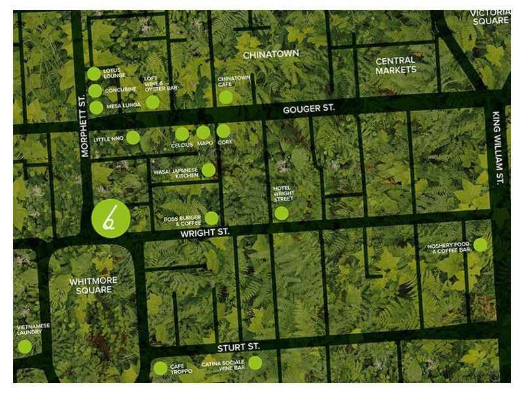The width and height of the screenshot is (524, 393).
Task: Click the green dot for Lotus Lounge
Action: coord(94,74)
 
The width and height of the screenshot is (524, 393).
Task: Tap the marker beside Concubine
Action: coord(96,90)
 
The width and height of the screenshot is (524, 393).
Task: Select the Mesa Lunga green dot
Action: coord(96,107)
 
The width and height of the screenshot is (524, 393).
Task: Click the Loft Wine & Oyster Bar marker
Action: coord(153,102)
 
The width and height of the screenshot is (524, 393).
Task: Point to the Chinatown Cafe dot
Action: coord(226,97)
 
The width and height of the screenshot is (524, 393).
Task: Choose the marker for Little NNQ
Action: coord(133,138)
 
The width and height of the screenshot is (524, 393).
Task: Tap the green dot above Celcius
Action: coord(182,134)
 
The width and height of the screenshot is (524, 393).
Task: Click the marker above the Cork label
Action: coord(223,131)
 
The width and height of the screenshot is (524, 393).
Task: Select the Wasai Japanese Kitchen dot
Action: coord(208,170)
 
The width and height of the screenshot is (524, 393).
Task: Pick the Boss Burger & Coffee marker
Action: coord(212,218)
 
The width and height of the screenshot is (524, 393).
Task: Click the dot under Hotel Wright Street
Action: coord(282,213)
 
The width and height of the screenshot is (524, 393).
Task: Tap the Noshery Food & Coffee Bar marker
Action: coord(480,245)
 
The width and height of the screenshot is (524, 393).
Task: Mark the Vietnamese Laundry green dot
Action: coord(24,346)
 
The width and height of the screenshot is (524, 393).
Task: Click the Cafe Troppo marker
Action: coord(160,368)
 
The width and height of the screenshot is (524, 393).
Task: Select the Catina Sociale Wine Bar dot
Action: coord(255,363)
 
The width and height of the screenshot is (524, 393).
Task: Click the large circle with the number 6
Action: coord(108,218)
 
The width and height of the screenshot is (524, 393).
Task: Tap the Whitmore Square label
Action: coord(93,286)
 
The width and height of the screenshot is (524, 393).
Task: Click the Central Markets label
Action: coord(396,65)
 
